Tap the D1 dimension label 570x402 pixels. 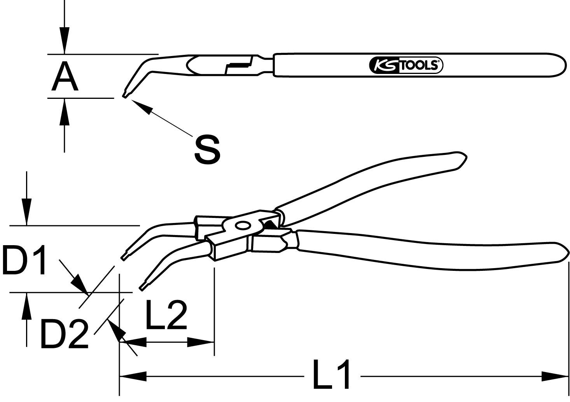pos(24,260)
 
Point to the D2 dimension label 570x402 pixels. pos(64,333)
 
